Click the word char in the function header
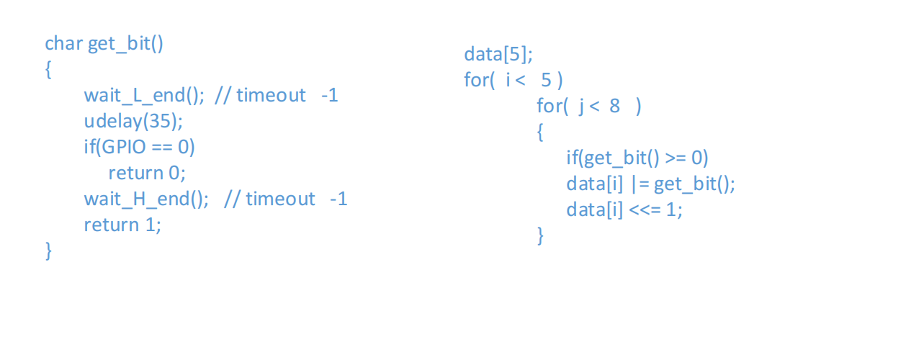tap(63, 44)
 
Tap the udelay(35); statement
tap(133, 121)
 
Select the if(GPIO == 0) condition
tap(139, 147)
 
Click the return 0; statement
tap(147, 173)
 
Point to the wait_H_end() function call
tap(146, 199)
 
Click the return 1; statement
tap(122, 225)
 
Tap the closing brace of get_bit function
tap(49, 251)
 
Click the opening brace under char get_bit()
tap(49, 70)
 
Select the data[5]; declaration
tap(498, 54)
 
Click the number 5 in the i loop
tap(547, 80)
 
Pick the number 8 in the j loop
tap(614, 107)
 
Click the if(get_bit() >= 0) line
tap(637, 158)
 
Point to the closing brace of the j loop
tap(541, 235)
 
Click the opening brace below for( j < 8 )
tap(541, 132)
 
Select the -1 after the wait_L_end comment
tap(329, 96)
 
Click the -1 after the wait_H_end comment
tap(338, 199)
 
